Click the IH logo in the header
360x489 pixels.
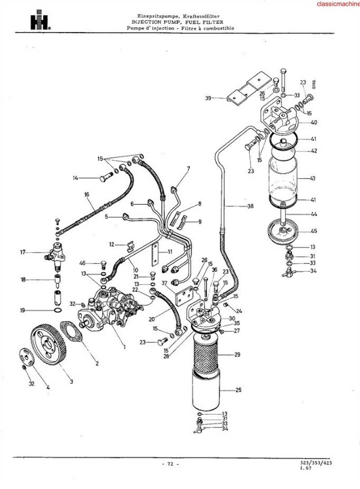tap(40, 20)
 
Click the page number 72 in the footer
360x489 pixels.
tap(171, 464)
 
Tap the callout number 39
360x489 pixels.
tap(208, 98)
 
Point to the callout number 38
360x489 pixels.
tap(250, 206)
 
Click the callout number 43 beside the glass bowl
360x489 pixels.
tap(313, 179)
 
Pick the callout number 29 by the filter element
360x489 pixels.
tap(238, 354)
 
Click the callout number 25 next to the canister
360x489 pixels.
tap(238, 390)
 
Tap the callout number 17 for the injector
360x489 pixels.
tap(23, 252)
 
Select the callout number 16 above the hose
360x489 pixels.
tap(87, 195)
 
